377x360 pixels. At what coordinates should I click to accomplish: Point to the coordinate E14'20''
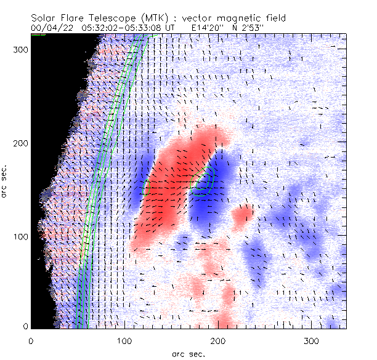193,28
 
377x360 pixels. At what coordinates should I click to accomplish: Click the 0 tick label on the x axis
31,340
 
